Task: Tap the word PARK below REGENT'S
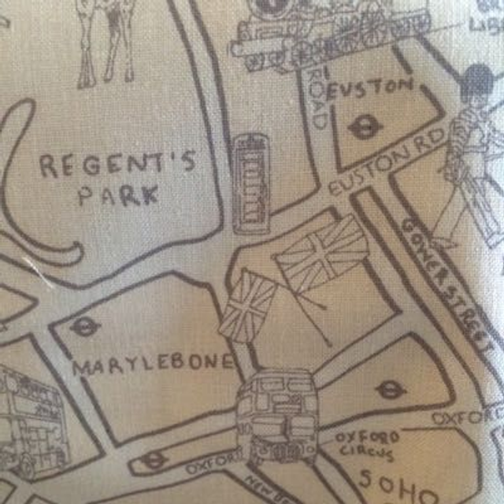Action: pos(118,194)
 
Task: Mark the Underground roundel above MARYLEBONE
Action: pos(84,326)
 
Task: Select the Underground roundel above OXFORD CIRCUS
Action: pos(390,388)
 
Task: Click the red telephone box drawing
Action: pos(251,183)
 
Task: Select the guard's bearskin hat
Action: pos(476,87)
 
